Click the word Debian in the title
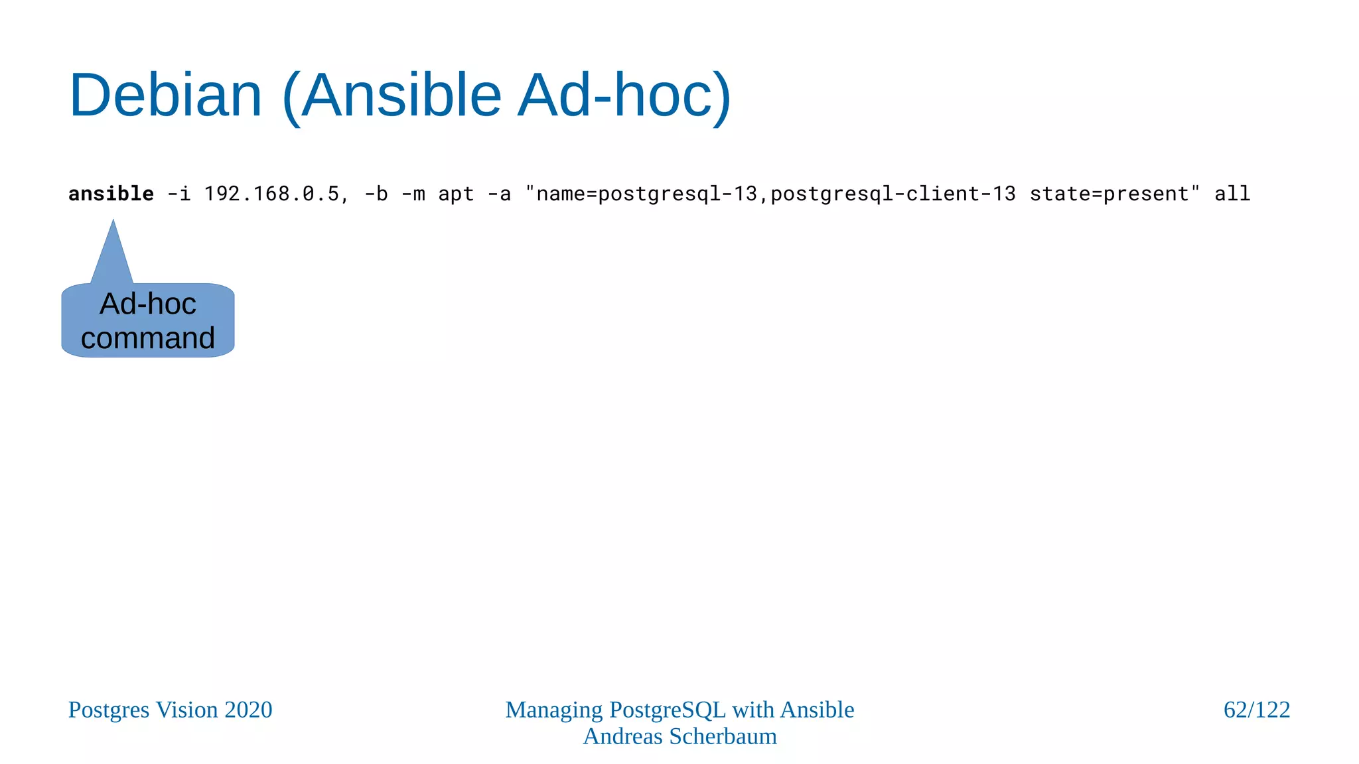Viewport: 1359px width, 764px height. pyautogui.click(x=166, y=95)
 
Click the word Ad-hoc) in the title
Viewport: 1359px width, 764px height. pyautogui.click(x=624, y=95)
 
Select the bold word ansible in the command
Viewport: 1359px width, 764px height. pyautogui.click(x=111, y=194)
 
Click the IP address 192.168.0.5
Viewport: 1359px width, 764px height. pyautogui.click(x=272, y=194)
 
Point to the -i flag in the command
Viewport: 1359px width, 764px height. pyautogui.click(x=179, y=194)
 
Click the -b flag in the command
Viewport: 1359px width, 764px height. pyautogui.click(x=376, y=194)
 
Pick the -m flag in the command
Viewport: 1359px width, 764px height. pyautogui.click(x=413, y=194)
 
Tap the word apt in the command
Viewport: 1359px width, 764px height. pyautogui.click(x=456, y=194)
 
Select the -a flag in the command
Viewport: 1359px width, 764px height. pyautogui.click(x=499, y=194)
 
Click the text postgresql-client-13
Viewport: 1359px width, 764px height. pyautogui.click(x=893, y=194)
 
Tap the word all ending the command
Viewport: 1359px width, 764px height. pyautogui.click(x=1232, y=194)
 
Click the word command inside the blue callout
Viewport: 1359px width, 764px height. pyautogui.click(x=148, y=338)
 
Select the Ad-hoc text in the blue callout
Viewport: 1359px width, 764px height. pyautogui.click(x=148, y=304)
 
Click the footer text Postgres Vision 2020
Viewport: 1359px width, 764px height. pyautogui.click(x=170, y=710)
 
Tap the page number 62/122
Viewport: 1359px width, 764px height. pyautogui.click(x=1256, y=710)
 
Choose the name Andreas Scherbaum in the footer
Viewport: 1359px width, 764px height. pyautogui.click(x=679, y=736)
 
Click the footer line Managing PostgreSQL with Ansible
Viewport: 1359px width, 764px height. pyautogui.click(x=679, y=710)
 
